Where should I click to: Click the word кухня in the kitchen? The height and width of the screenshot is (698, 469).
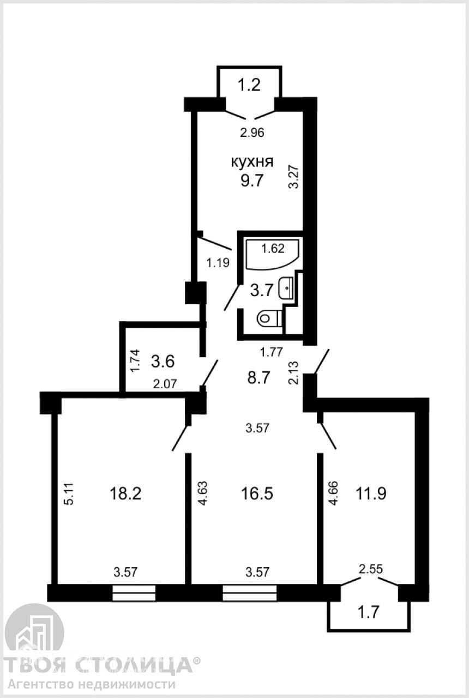point(252,162)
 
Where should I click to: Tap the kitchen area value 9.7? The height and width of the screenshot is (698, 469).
point(252,180)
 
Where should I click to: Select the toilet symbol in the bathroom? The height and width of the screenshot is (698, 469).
point(269,318)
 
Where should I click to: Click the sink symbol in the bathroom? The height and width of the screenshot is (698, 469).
point(287,287)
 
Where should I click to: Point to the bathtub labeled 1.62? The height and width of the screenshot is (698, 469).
point(272,254)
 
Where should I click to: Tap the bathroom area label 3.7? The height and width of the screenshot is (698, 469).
point(261,291)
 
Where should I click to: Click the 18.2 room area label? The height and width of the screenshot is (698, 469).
point(125,494)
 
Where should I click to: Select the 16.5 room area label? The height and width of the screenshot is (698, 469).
point(257,494)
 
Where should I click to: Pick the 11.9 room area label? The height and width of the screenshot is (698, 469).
point(371,494)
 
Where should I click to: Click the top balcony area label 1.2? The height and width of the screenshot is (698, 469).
point(249,85)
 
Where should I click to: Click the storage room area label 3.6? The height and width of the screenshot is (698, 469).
point(163,362)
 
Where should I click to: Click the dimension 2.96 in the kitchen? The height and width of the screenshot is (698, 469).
point(252,133)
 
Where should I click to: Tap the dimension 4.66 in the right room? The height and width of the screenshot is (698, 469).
point(333,494)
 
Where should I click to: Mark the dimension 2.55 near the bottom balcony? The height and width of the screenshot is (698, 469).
point(370,569)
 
